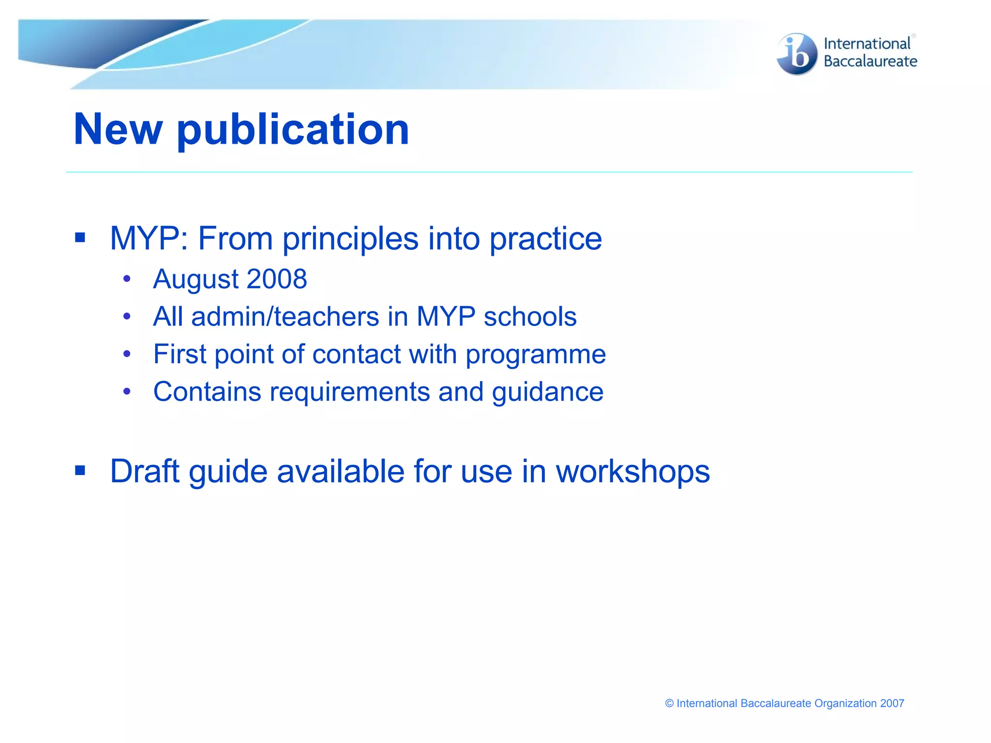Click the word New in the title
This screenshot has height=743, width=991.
coord(118,129)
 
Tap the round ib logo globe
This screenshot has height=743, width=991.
coord(796,54)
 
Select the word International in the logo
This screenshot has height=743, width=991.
coord(867,44)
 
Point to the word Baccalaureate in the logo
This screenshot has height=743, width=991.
coord(870,61)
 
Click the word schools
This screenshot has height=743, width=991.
coord(530,317)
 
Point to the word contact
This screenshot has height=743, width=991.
coord(356,354)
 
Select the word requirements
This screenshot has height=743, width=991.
coord(349,392)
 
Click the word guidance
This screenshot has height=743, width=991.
coord(547,392)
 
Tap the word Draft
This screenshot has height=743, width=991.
coord(145,471)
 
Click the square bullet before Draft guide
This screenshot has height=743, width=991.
coord(80,470)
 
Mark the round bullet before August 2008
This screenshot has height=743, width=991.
coord(127,279)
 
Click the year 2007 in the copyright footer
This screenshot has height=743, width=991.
coord(892,703)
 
